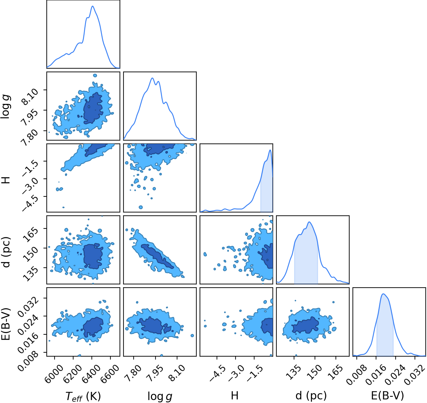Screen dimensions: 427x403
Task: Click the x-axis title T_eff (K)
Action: click(83, 396)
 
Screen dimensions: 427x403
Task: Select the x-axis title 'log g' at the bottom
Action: click(160, 396)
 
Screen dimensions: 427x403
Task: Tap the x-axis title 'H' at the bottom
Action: click(235, 395)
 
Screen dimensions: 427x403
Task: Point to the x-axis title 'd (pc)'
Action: click(311, 396)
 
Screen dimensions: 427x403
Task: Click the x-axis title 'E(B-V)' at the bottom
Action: click(388, 395)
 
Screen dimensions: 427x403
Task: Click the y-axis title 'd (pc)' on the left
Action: click(6, 252)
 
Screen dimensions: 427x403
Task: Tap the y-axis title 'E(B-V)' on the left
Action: click(6, 324)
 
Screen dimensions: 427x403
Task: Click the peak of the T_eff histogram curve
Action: click(93, 6)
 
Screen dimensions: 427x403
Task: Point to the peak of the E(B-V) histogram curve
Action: click(383, 294)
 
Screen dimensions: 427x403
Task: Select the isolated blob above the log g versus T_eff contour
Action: click(95, 76)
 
